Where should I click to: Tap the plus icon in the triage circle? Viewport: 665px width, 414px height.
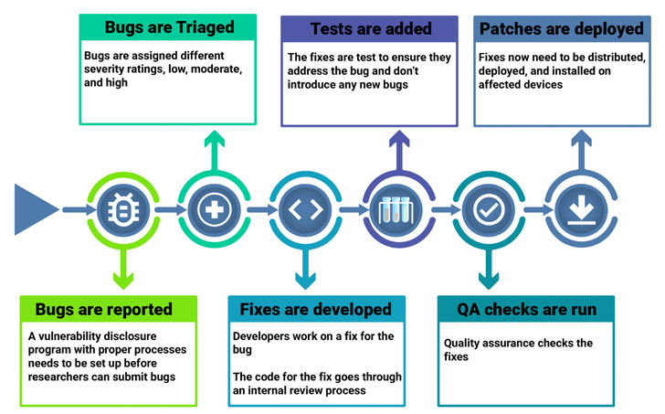coord(213,210)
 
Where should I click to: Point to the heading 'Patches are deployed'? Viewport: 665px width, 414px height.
coord(561,28)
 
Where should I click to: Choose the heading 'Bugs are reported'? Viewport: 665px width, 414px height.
coord(103,309)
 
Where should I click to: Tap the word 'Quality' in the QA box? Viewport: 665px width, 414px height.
coord(464,344)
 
